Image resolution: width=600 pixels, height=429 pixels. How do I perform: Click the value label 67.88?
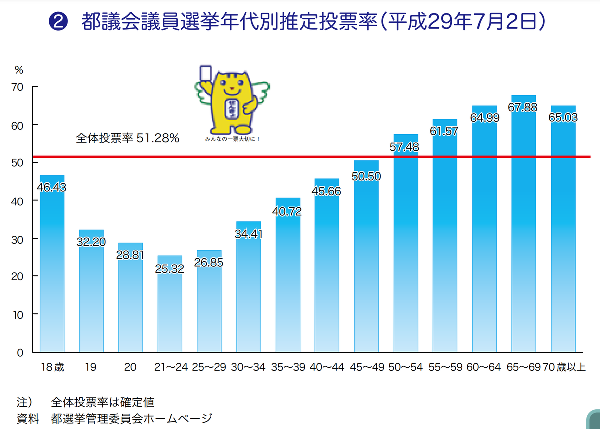click(x=524, y=107)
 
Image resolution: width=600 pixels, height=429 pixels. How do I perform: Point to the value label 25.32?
click(x=170, y=269)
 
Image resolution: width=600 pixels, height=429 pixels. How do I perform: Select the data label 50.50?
click(x=366, y=176)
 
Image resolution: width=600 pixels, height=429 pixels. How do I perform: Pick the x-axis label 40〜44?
click(x=327, y=367)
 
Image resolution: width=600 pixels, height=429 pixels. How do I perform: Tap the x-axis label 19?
click(x=91, y=367)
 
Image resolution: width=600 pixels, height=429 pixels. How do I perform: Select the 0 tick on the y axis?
click(x=20, y=352)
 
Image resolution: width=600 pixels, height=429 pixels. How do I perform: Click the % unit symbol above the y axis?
click(x=19, y=70)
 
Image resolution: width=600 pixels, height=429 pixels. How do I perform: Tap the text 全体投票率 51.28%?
click(x=127, y=138)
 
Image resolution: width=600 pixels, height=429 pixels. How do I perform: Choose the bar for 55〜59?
click(x=445, y=240)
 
